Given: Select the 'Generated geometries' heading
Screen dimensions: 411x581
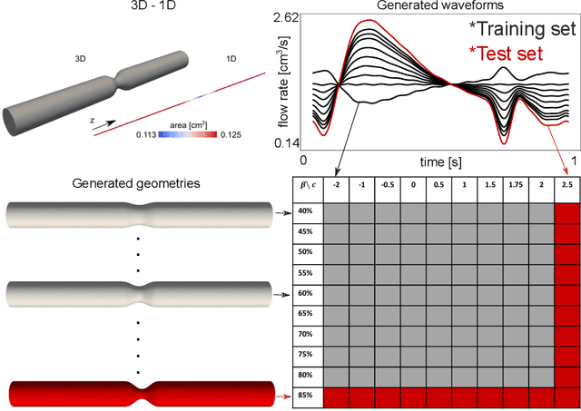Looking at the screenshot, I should point(137,183).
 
